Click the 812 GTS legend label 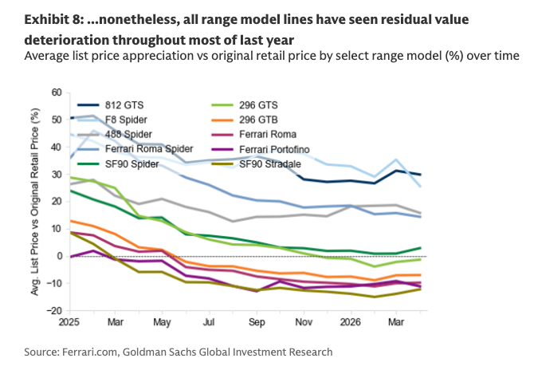point(124,105)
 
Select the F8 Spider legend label point(126,120)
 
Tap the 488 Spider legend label point(128,135)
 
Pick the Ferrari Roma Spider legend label point(149,149)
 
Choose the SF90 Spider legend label point(132,164)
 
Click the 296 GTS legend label point(258,105)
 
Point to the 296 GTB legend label point(258,120)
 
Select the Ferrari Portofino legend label point(274,150)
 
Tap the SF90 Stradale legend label point(270,164)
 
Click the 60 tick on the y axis point(57,92)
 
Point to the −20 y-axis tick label point(54,311)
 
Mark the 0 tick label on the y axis point(59,256)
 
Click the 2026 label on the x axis point(350,322)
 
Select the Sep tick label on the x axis point(257,322)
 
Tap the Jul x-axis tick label point(209,322)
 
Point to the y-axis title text point(35,202)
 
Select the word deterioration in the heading point(67,40)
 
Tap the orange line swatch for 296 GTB point(222,120)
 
